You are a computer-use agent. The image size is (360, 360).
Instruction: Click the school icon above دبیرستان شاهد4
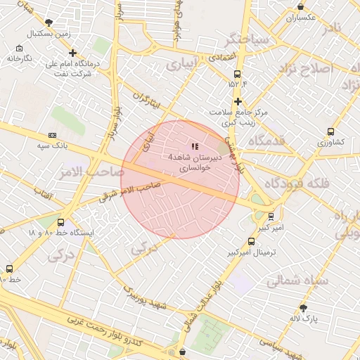195,146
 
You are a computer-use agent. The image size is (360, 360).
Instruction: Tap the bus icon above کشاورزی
330,131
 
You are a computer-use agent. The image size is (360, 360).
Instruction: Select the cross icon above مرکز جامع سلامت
238,101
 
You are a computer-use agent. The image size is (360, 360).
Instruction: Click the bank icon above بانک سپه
52,135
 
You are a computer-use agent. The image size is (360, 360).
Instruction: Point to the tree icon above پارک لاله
303,308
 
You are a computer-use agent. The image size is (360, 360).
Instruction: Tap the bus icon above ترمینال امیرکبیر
252,240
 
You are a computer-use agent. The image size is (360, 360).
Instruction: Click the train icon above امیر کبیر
271,217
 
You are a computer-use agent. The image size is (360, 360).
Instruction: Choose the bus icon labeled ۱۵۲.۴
238,73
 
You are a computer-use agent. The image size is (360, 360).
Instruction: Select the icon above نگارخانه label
19,48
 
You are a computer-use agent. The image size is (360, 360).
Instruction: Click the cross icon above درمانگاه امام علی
73,53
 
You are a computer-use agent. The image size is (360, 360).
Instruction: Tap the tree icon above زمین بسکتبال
48,22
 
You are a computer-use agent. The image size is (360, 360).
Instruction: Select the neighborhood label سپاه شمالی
293,280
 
